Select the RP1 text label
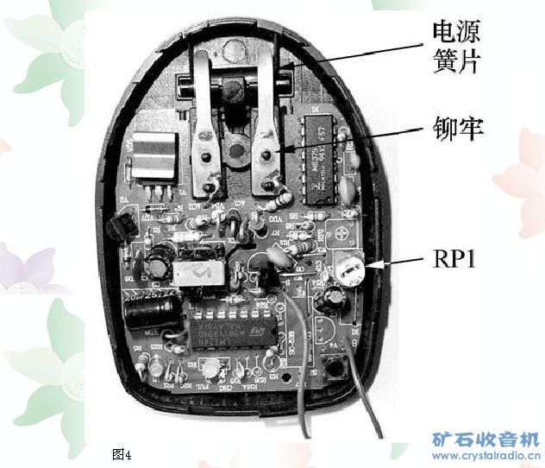448,260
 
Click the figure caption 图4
121,452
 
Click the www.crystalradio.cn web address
485,455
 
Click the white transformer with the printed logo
199,273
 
